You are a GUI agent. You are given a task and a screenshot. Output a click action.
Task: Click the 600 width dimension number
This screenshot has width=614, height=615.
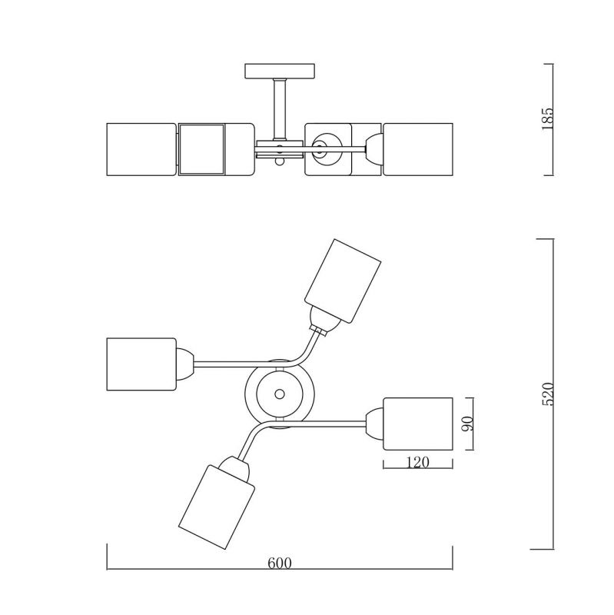[x=280, y=563]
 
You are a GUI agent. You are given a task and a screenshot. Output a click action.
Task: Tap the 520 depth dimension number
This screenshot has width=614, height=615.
[x=547, y=394]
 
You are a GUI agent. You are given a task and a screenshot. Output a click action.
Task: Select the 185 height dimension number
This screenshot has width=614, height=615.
[x=547, y=119]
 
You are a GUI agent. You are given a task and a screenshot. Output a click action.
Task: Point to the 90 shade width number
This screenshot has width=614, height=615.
[x=468, y=424]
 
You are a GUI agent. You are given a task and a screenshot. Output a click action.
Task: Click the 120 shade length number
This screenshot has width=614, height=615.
[x=417, y=463]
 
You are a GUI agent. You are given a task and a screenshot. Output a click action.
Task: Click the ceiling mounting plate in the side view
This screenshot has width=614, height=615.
[x=280, y=71]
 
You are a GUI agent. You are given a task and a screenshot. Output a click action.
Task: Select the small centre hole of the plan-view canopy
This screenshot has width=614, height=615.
[x=280, y=394]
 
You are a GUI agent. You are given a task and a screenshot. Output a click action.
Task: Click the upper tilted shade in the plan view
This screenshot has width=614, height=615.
[x=343, y=281]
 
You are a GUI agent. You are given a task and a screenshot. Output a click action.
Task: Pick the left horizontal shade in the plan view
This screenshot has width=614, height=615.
[x=141, y=364]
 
